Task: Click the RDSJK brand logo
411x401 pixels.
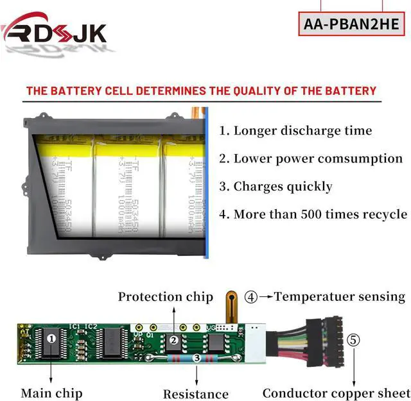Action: pos(55,30)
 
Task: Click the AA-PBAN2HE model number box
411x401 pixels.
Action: pos(352,25)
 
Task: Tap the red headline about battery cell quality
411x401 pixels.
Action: pos(201,90)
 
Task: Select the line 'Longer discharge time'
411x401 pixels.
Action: pos(295,131)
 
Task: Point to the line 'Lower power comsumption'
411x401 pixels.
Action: pos(311,158)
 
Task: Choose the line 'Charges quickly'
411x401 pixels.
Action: pos(276,187)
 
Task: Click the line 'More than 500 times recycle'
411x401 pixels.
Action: pos(313,214)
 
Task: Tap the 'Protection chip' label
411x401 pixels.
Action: pos(166,297)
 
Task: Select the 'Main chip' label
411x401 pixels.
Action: pos(51,393)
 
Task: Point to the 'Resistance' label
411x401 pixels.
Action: pos(196,394)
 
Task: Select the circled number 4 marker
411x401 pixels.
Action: pos(251,297)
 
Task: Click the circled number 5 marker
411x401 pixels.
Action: pos(354,339)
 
